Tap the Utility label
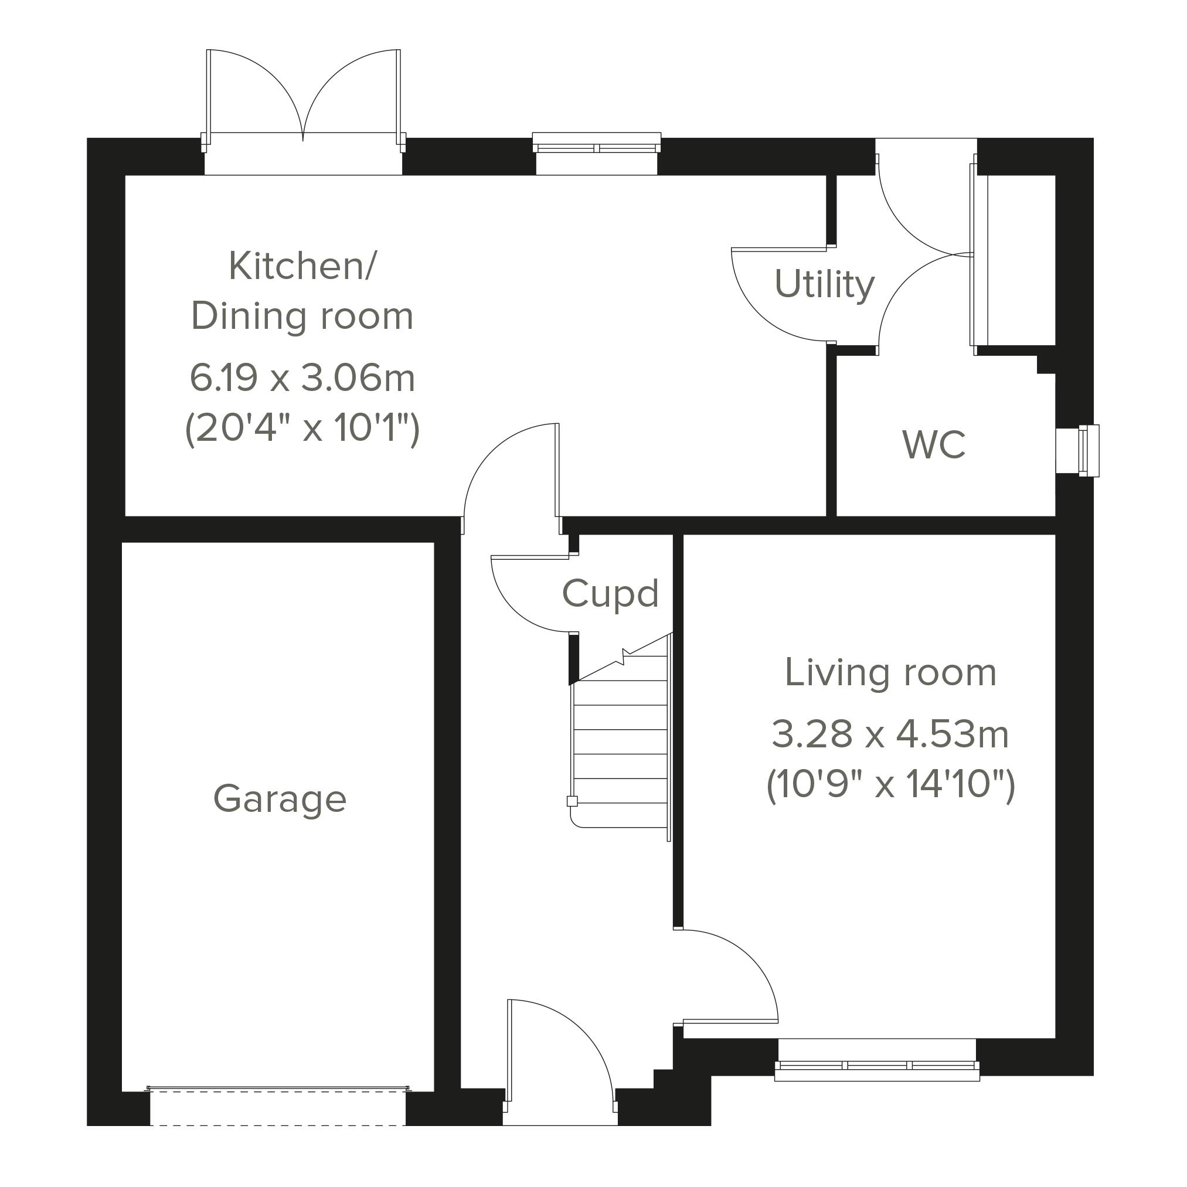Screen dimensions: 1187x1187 (x=824, y=284)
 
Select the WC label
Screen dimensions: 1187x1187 (x=934, y=445)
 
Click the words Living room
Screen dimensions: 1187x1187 (x=890, y=673)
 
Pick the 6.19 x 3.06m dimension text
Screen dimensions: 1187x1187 (x=302, y=378)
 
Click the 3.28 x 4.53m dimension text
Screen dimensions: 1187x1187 (x=890, y=735)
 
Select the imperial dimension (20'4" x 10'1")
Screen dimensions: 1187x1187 (x=302, y=428)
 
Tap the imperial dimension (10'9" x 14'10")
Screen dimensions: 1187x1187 (x=890, y=784)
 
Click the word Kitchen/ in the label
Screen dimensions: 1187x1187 (x=302, y=266)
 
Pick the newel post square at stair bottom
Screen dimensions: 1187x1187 (x=572, y=801)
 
